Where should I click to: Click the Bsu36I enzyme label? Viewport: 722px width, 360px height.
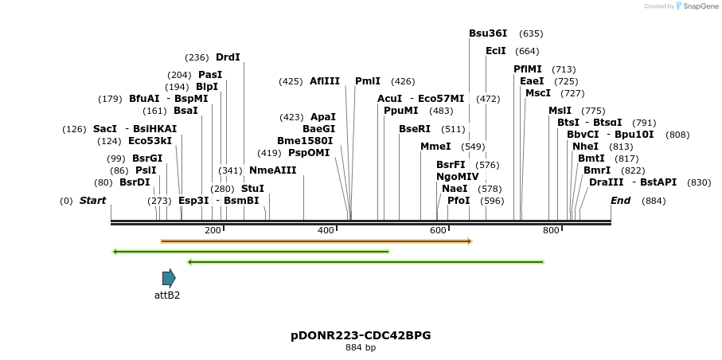coord(488,33)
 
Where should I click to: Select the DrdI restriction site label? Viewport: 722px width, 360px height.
coord(228,57)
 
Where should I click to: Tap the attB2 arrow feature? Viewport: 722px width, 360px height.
coord(169,278)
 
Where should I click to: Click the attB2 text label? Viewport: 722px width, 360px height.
coord(167,295)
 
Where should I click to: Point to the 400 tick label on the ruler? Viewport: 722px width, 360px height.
coord(326,230)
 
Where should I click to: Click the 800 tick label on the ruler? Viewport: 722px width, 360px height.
coord(551,230)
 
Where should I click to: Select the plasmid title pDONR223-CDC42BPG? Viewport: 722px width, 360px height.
coord(361,335)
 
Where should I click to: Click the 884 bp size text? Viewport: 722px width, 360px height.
coord(361,348)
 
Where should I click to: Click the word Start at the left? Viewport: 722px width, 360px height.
coord(92,201)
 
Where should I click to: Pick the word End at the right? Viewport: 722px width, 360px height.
coord(621,201)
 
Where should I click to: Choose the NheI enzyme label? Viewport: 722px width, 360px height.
coord(585,147)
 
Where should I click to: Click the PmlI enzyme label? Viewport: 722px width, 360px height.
coord(368,81)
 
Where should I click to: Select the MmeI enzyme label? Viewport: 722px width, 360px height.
coord(435,147)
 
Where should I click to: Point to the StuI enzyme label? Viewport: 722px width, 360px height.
coord(252,189)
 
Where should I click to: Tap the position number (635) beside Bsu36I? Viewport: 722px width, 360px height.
coord(531,33)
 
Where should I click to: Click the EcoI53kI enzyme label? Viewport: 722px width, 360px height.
coord(150,141)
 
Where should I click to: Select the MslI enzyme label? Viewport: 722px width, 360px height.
coord(560,111)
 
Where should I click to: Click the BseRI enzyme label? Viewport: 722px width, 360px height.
coord(414,129)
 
